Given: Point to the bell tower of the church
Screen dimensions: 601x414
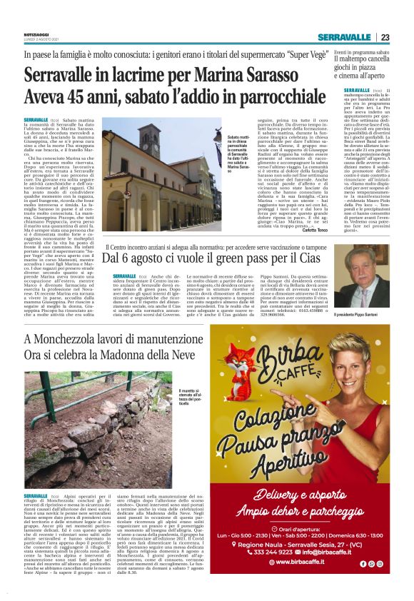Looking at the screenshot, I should (x=152, y=153).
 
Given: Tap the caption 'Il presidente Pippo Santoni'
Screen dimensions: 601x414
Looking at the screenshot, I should (x=373, y=314).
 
